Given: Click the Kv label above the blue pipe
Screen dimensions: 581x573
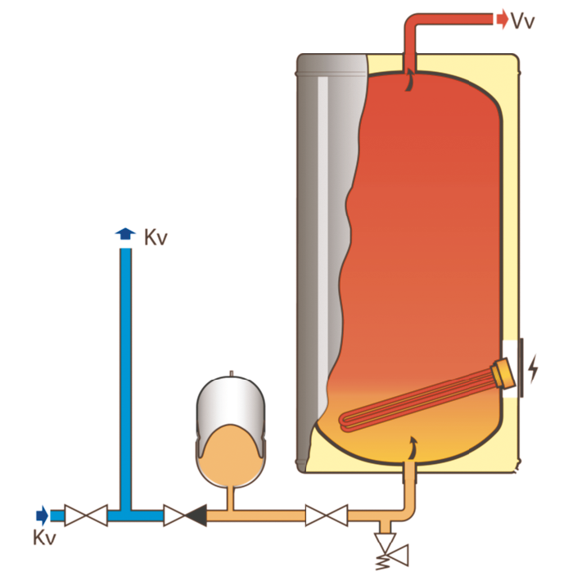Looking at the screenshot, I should (x=156, y=238).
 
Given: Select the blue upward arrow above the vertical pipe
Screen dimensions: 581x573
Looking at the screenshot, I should (x=125, y=234).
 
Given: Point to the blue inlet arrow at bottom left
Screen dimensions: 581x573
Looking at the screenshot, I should (x=42, y=515).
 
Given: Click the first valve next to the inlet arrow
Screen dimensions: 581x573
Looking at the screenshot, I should (x=86, y=516).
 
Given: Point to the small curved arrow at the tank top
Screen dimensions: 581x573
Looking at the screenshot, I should (x=408, y=79).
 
